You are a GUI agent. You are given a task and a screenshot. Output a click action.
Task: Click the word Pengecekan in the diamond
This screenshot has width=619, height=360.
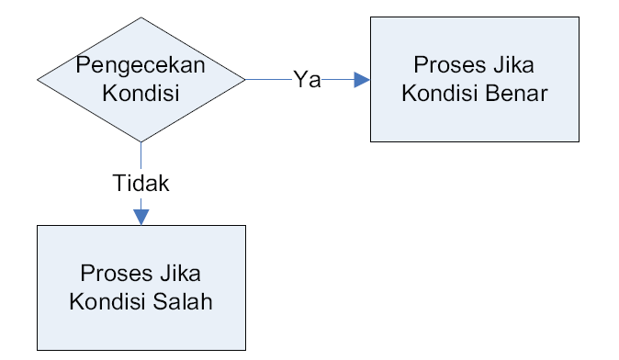pos(141,65)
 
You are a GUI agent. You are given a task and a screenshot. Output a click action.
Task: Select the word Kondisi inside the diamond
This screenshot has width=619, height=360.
pos(141,92)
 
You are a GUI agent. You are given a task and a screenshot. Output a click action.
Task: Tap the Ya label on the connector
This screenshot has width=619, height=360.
pos(307,79)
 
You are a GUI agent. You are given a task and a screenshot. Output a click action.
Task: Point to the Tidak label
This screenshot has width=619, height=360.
pos(141,183)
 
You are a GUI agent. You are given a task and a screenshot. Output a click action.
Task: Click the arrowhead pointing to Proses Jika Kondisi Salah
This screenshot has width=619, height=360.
pos(141,216)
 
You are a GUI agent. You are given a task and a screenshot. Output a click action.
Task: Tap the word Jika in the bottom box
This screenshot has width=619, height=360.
pos(180,274)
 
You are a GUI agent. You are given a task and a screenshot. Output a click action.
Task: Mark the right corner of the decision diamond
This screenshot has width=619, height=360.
pos(244,80)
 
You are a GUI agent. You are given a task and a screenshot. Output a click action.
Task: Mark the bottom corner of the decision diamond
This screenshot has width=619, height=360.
pos(141,141)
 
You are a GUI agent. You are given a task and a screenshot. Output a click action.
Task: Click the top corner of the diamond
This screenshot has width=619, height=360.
pos(141,18)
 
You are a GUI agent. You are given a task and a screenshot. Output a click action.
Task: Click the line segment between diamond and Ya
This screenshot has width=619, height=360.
pos(268,80)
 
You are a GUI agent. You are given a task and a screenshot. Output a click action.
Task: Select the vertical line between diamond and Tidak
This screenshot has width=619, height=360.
pos(141,156)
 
